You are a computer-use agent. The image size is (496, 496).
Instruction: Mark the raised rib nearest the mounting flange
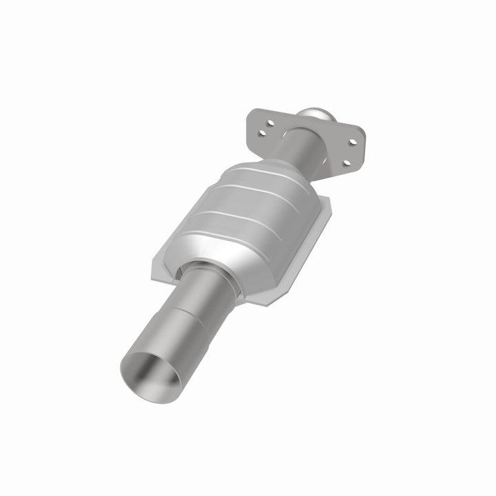click(x=269, y=172)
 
